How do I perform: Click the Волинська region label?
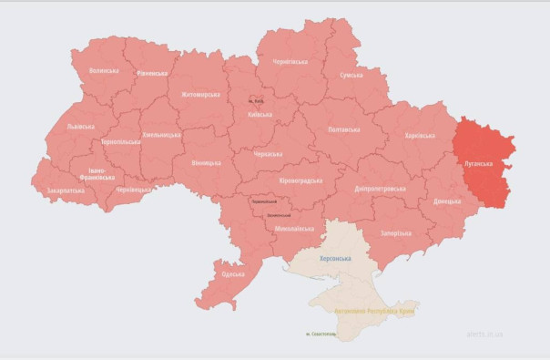(103, 70)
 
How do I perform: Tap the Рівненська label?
(152, 73)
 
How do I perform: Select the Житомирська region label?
(201, 94)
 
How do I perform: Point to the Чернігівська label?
(290, 62)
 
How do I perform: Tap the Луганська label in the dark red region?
(479, 164)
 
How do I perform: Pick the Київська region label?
(260, 115)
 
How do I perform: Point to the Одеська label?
(233, 273)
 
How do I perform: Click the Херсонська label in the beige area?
(334, 258)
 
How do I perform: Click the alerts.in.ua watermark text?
(484, 334)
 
